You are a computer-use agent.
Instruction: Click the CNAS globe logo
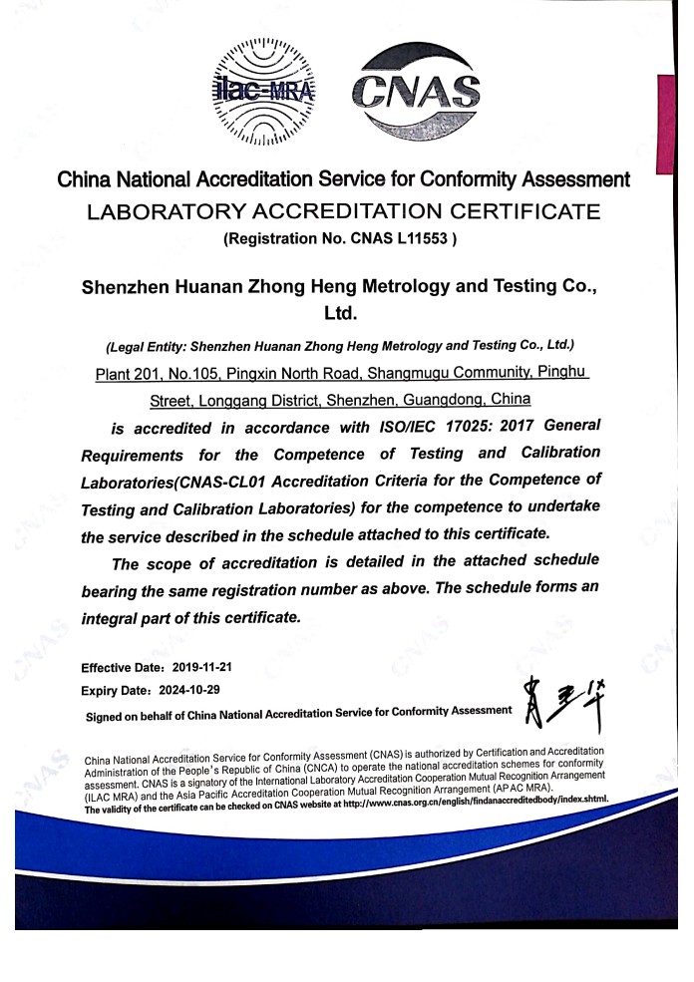pos(417,92)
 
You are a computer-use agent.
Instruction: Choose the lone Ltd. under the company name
pos(341,314)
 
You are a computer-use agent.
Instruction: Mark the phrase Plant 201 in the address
pos(129,374)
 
